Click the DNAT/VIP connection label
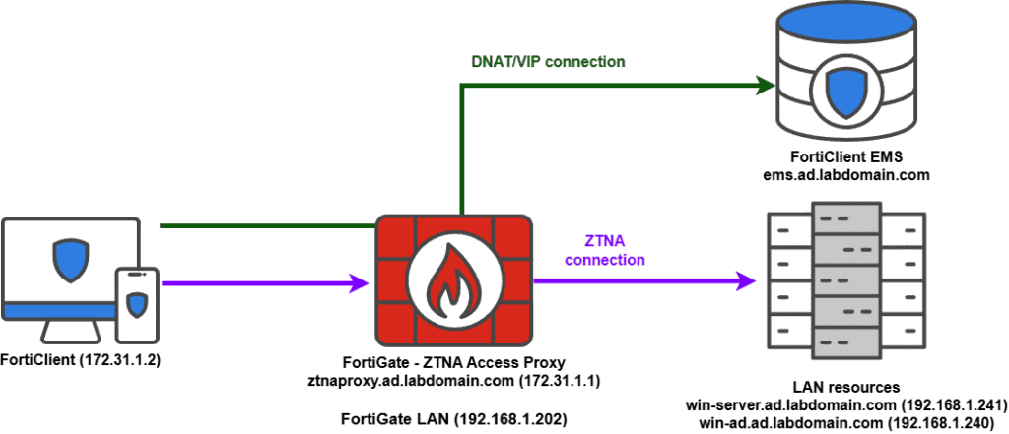click(x=549, y=61)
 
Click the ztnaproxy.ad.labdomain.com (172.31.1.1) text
click(x=454, y=379)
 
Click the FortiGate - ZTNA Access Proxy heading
click(x=454, y=362)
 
